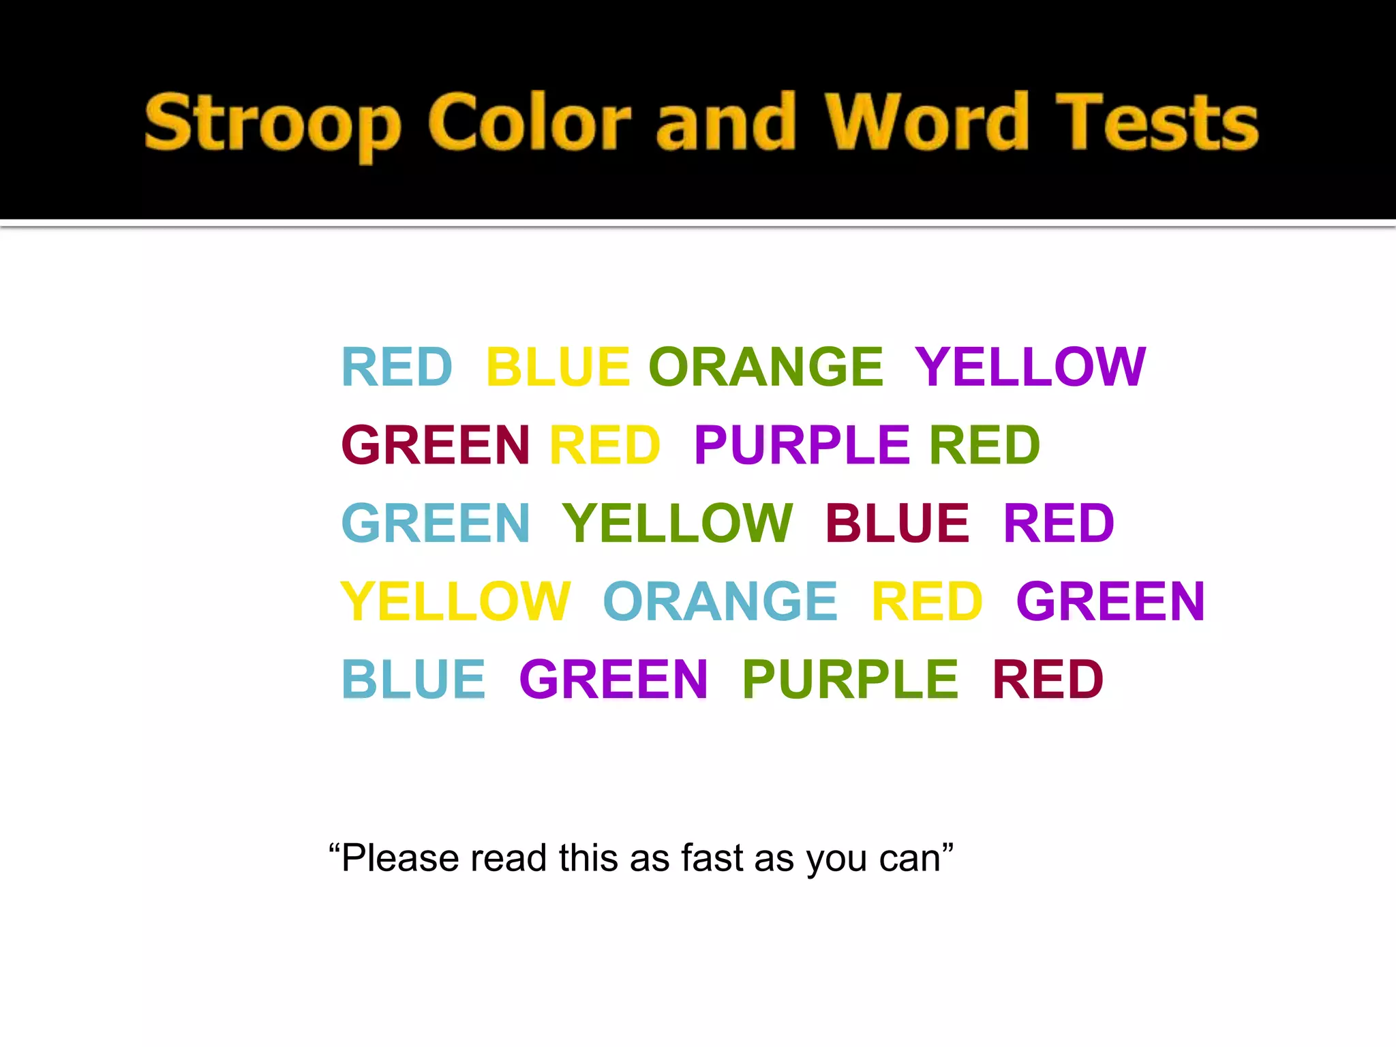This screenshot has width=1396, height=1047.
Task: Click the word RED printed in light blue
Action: [x=397, y=367]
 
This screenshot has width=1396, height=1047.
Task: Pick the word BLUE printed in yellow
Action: [x=558, y=367]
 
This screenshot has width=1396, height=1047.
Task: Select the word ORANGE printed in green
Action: [x=766, y=367]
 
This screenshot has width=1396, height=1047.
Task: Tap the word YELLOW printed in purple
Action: [x=1030, y=367]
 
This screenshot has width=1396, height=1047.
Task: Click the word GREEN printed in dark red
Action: [x=436, y=445]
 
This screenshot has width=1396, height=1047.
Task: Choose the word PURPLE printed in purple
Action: [x=802, y=445]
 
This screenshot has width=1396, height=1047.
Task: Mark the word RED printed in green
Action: [x=984, y=445]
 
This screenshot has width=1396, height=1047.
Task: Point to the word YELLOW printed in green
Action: [x=678, y=523]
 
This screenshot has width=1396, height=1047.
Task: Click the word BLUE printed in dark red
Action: [x=897, y=523]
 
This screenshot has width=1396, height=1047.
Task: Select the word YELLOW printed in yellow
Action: [x=455, y=601]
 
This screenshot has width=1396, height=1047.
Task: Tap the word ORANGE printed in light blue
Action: [x=720, y=601]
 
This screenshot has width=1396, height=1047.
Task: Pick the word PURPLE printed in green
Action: [x=850, y=680]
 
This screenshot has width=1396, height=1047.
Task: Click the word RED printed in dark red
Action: [x=1048, y=680]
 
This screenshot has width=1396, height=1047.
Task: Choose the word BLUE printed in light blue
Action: [x=414, y=680]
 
